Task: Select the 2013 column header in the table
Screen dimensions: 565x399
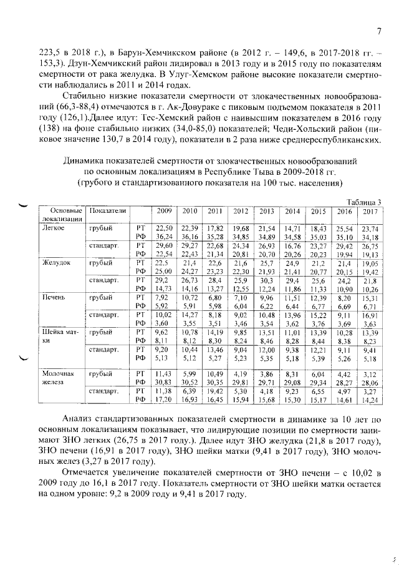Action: click(266, 210)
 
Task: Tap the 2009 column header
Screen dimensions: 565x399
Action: click(164, 210)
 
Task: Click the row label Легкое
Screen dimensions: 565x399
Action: click(54, 228)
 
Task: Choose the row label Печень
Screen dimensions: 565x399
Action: click(54, 297)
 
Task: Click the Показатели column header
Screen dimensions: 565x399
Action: click(108, 210)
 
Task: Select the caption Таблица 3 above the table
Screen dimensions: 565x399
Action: click(364, 201)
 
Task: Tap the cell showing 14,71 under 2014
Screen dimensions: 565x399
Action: click(292, 228)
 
